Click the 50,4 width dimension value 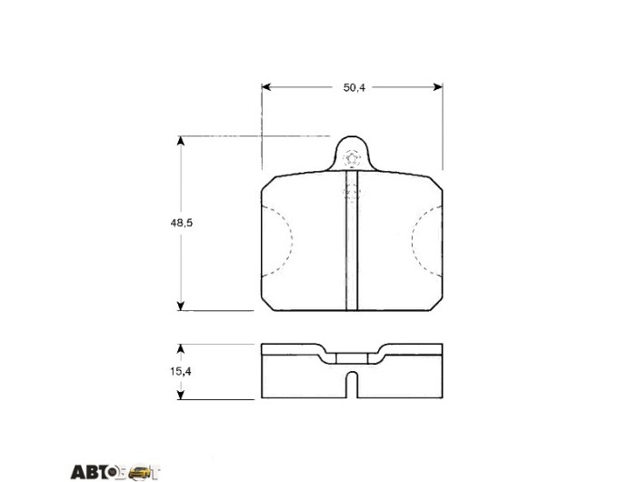354,87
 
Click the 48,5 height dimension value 181,223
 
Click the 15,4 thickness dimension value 181,371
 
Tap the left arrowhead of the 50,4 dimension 266,86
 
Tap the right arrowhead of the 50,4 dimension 438,86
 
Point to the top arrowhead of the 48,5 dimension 181,141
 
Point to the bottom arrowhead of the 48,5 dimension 181,306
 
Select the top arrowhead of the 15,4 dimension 181,348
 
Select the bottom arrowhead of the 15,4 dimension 181,395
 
